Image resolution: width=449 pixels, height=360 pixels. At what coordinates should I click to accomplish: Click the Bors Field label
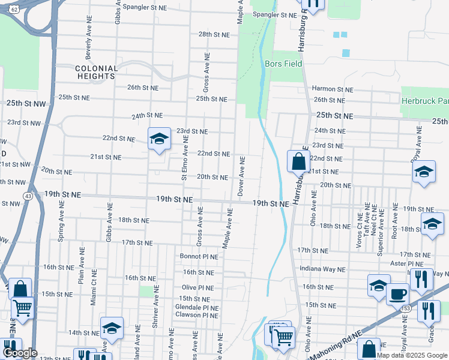coord(283,64)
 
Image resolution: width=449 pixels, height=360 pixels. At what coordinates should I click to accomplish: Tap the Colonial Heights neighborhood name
coord(96,73)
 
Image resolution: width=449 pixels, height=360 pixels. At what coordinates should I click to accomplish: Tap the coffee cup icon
coord(397,294)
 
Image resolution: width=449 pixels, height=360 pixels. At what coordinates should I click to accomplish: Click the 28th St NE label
coord(214,35)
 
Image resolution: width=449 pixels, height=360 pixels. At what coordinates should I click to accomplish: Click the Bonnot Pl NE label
coord(199,256)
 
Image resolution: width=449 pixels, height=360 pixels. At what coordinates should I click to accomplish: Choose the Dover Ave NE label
coord(241,176)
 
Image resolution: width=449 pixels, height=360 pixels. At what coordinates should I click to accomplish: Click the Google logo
coord(20,353)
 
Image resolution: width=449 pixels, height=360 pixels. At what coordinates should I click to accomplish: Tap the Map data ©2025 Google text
coord(411,355)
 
